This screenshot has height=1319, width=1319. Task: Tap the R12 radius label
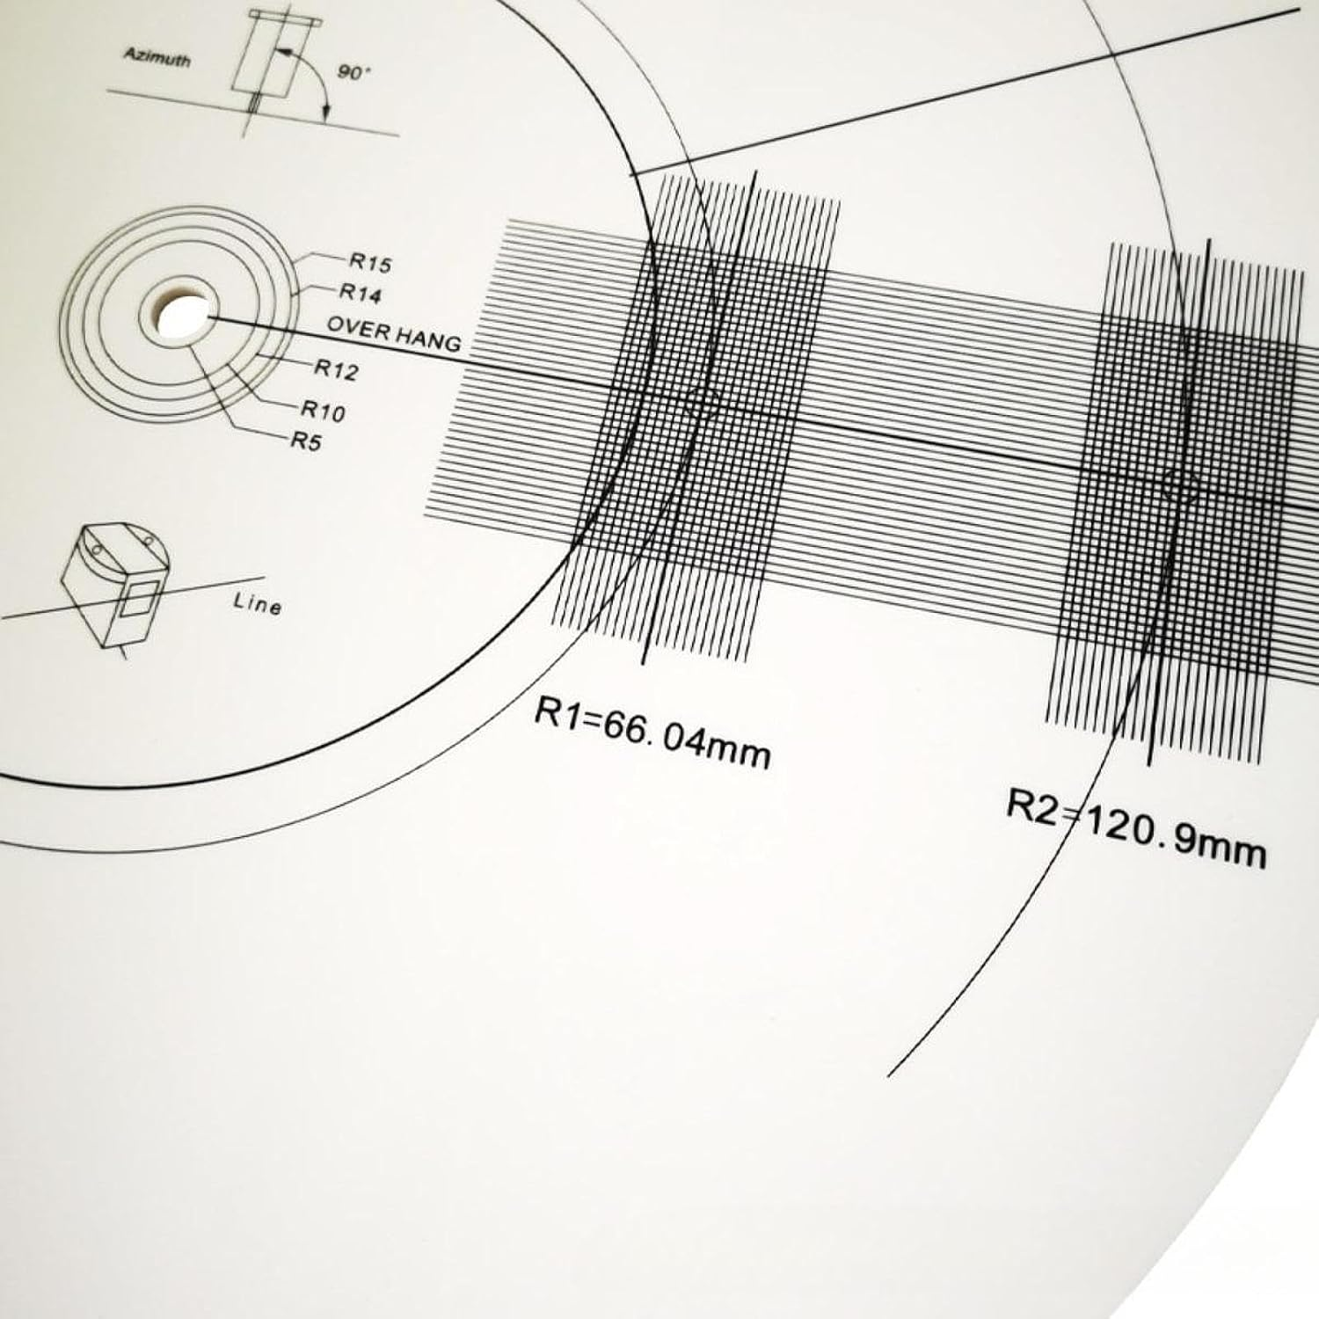pyautogui.click(x=337, y=370)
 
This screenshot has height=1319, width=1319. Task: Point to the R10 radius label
pyautogui.click(x=324, y=410)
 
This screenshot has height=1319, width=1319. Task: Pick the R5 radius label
pyautogui.click(x=306, y=441)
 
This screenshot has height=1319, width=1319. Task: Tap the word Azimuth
pyautogui.click(x=157, y=57)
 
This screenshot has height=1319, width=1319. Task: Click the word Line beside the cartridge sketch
pyautogui.click(x=258, y=605)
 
